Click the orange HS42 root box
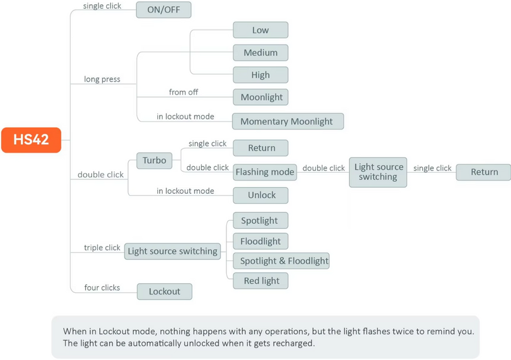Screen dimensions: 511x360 click(x=31, y=140)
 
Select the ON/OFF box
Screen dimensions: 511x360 click(x=163, y=10)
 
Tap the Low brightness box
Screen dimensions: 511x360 click(x=261, y=30)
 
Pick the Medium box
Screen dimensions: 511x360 click(x=261, y=52)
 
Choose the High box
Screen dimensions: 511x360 click(x=261, y=75)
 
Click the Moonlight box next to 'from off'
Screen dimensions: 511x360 click(x=261, y=97)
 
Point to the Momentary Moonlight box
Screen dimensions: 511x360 click(x=288, y=121)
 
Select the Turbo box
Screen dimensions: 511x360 click(x=154, y=160)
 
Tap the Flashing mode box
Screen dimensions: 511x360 click(x=265, y=172)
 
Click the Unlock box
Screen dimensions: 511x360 click(x=261, y=195)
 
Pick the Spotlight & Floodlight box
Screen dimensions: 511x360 click(x=281, y=261)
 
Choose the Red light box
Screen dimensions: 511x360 click(x=261, y=281)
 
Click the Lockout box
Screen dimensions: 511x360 click(x=165, y=292)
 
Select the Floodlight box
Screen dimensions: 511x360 click(x=261, y=241)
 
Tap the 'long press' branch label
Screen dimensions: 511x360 click(x=102, y=79)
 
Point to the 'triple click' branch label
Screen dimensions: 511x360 click(x=102, y=247)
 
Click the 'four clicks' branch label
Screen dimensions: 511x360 click(x=102, y=288)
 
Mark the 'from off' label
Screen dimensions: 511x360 click(x=184, y=92)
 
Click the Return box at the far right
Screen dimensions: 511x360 click(x=483, y=172)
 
